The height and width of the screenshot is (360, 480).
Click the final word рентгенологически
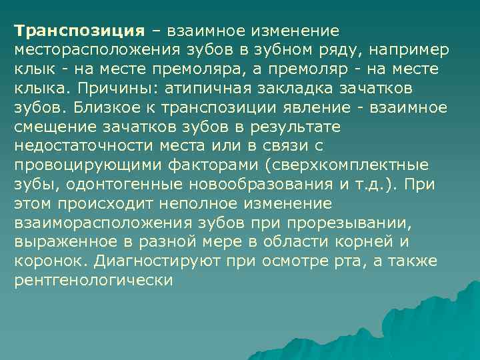pyautogui.click(x=93, y=281)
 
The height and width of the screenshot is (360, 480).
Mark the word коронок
pyautogui.click(x=49, y=261)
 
